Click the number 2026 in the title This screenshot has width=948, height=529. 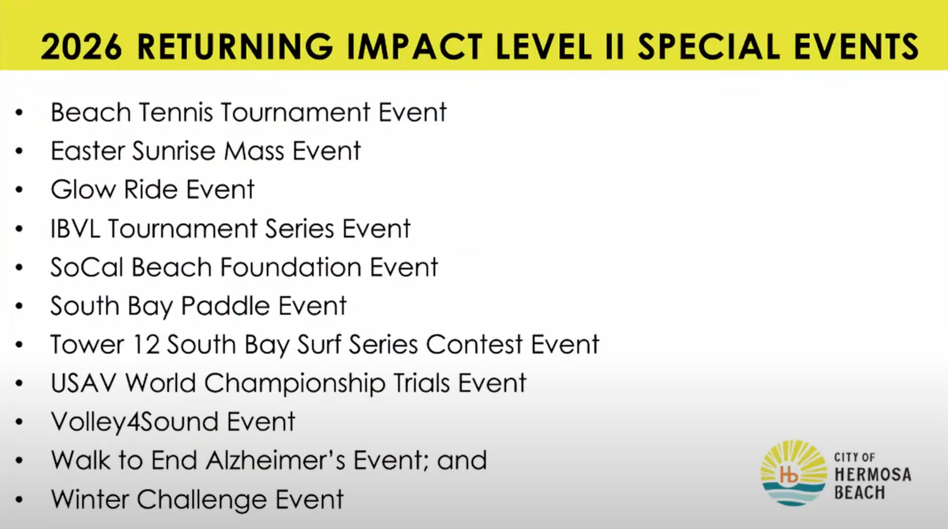pyautogui.click(x=82, y=46)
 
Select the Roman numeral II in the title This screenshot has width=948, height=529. pyautogui.click(x=615, y=46)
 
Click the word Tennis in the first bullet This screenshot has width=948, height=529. pyautogui.click(x=176, y=112)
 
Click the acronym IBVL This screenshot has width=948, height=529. pyautogui.click(x=75, y=228)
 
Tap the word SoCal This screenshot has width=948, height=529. pyautogui.click(x=87, y=267)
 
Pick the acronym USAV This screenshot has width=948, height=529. pyautogui.click(x=83, y=383)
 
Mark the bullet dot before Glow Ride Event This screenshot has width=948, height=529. pyautogui.click(x=19, y=190)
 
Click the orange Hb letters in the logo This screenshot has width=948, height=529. pyautogui.click(x=789, y=474)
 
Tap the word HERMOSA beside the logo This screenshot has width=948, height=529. pyautogui.click(x=873, y=474)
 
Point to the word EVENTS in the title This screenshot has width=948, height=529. pyautogui.click(x=857, y=46)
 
